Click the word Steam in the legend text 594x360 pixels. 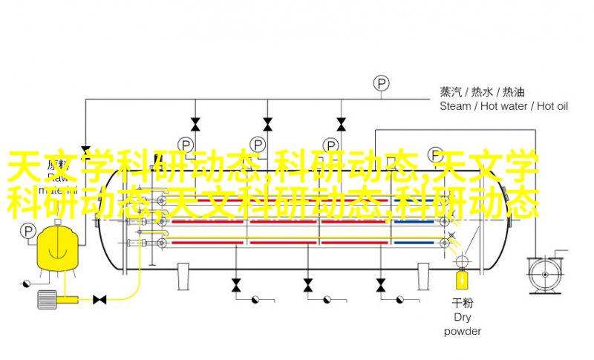[x=454, y=106]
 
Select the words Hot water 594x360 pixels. [x=503, y=106]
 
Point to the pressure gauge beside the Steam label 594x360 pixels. [x=382, y=83]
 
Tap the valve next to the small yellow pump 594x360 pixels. [x=99, y=299]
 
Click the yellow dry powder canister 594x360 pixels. [x=461, y=280]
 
